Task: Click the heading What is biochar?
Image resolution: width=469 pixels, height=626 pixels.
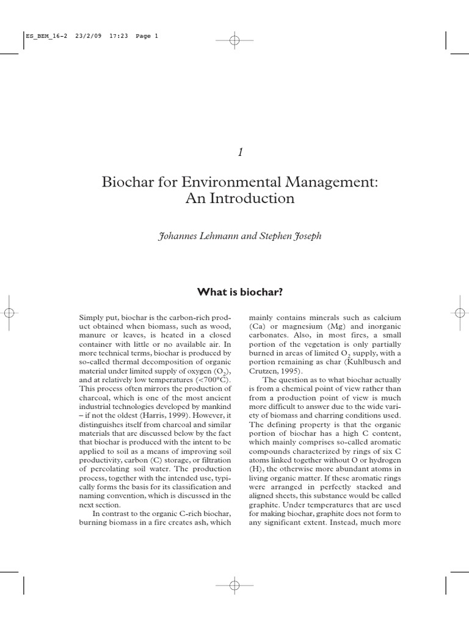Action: (240, 292)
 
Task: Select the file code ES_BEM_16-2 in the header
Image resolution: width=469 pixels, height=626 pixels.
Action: (42, 35)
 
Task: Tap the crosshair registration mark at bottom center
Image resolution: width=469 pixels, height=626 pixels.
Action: (234, 586)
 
